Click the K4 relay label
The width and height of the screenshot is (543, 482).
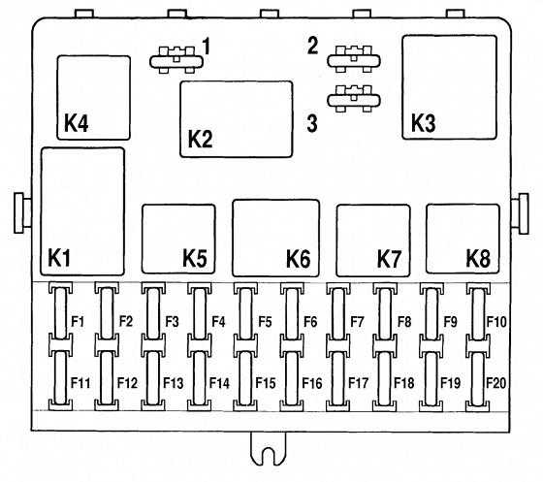pyautogui.click(x=77, y=122)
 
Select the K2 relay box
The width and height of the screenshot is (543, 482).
pyautogui.click(x=237, y=119)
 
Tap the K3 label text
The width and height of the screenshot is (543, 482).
pyautogui.click(x=423, y=122)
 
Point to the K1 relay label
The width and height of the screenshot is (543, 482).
pyautogui.click(x=59, y=258)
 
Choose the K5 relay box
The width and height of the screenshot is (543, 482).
pyautogui.click(x=178, y=239)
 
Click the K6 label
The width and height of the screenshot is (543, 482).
pyautogui.click(x=299, y=258)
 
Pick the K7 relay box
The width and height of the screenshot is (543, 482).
pyautogui.click(x=373, y=241)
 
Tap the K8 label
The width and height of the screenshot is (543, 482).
pyautogui.click(x=478, y=258)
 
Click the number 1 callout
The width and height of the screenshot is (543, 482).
pyautogui.click(x=207, y=47)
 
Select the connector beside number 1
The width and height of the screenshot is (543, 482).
pyautogui.click(x=176, y=60)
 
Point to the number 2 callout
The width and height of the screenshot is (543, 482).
pyautogui.click(x=312, y=46)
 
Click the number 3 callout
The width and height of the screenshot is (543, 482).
pyautogui.click(x=312, y=123)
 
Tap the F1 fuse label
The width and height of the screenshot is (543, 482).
pyautogui.click(x=78, y=322)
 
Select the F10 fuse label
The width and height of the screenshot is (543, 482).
pyautogui.click(x=496, y=322)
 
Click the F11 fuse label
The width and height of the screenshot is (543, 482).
pyautogui.click(x=80, y=383)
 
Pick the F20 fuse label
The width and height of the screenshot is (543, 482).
pyautogui.click(x=496, y=383)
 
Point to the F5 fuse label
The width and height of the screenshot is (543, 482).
pyautogui.click(x=265, y=322)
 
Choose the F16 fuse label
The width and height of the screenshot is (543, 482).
pyautogui.click(x=312, y=383)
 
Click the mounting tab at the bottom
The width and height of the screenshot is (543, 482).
pyautogui.click(x=269, y=449)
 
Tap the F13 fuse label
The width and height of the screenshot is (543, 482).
pyautogui.click(x=174, y=383)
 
